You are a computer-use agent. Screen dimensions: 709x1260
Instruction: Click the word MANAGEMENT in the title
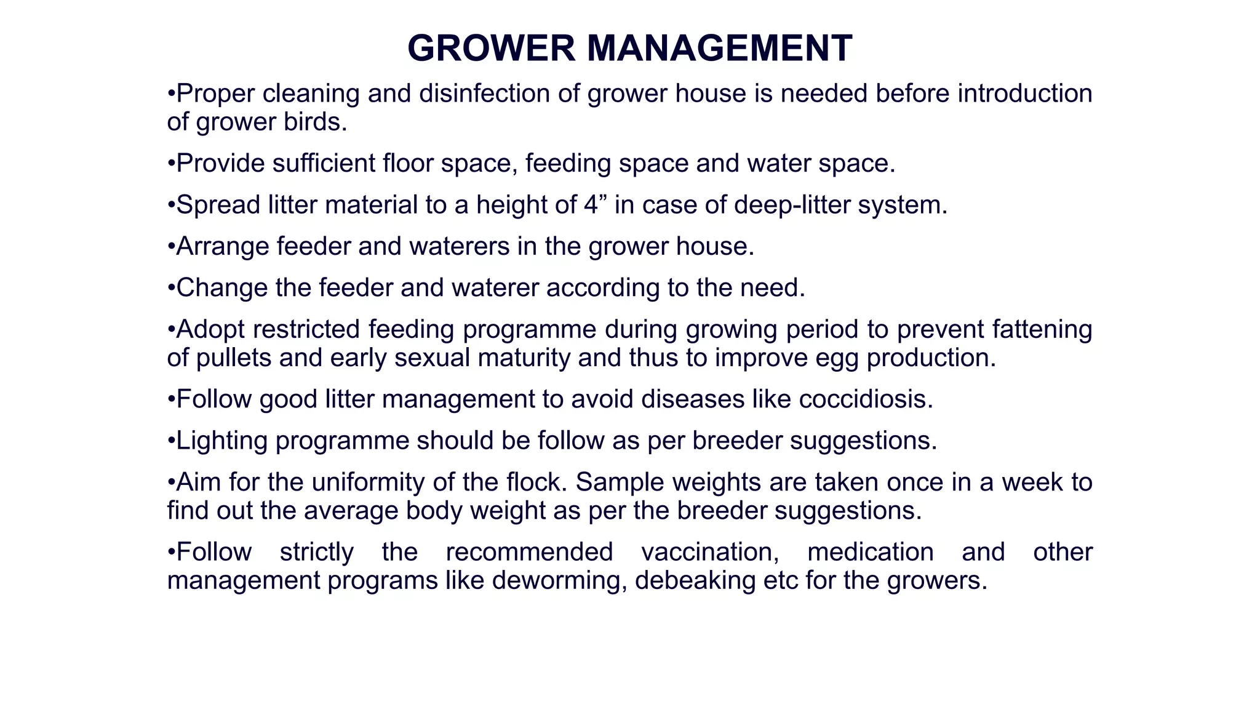[719, 48]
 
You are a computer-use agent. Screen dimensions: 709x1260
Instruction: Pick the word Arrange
[222, 247]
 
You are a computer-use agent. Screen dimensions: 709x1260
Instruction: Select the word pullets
[233, 358]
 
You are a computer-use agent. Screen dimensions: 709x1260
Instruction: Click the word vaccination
[709, 552]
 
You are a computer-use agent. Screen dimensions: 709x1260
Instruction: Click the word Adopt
[210, 329]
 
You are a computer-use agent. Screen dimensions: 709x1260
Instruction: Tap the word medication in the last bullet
[870, 552]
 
